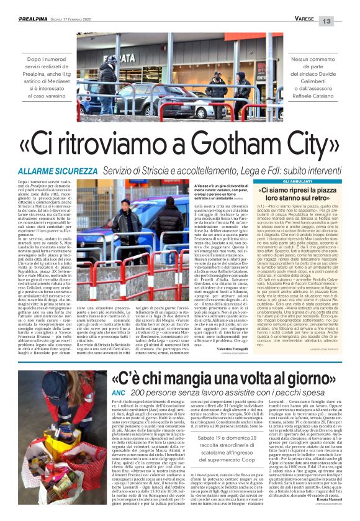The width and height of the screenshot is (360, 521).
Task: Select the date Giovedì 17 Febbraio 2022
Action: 84,20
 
